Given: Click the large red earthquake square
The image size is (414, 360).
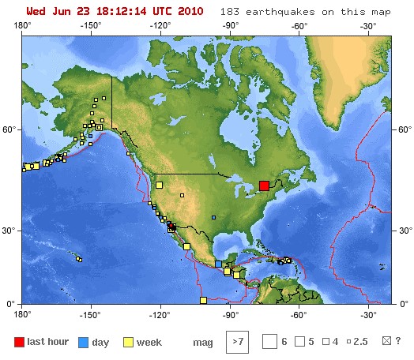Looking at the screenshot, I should point(264,186).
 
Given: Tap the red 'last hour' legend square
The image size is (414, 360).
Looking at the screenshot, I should point(19,342).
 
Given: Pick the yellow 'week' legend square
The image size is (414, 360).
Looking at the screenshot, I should point(128,342).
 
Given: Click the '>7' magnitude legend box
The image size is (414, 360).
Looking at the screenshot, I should point(236,342).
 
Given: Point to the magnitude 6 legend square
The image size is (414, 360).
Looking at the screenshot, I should point(269,342).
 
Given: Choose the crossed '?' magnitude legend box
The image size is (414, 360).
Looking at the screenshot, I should point(386,342).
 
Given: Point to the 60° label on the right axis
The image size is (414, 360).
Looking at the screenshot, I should point(403,129).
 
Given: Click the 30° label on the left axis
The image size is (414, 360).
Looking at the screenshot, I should point(10,231).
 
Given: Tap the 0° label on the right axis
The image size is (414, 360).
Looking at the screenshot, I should point(401,304).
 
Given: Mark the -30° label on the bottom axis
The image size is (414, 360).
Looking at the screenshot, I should point(367,313).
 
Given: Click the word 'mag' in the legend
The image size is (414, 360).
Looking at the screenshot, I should point(202,343).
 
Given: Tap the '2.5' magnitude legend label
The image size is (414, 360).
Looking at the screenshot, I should point(361,343).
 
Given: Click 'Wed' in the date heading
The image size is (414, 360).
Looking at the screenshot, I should point(36,13).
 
